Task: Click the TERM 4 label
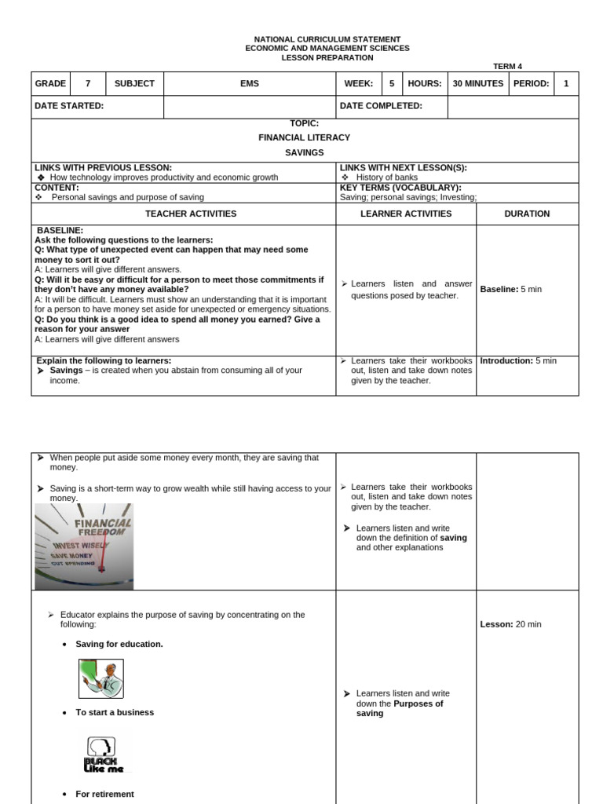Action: [x=508, y=67]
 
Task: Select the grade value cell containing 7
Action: [x=88, y=83]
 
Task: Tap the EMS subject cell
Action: [x=249, y=83]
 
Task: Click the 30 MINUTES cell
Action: [x=478, y=83]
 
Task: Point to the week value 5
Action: [x=392, y=83]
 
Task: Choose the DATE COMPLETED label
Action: [x=381, y=106]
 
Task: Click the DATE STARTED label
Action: [x=69, y=106]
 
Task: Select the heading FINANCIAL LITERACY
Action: [x=304, y=137]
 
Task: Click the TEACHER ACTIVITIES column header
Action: [x=191, y=214]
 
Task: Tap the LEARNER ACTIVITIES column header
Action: [x=406, y=214]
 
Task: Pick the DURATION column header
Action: [x=527, y=214]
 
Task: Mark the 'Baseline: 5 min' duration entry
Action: [x=511, y=290]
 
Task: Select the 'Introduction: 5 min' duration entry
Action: [x=518, y=361]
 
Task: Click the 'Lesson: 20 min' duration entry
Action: [x=510, y=624]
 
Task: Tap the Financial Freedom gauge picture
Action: [x=84, y=546]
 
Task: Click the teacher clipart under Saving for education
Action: [x=101, y=678]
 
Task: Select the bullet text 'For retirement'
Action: [x=104, y=794]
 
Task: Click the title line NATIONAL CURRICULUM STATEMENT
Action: [x=327, y=39]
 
